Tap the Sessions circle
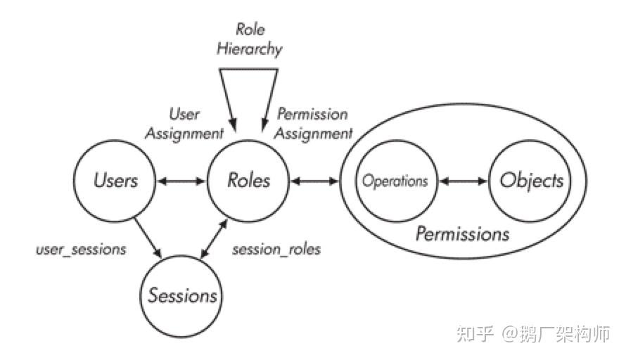(182, 295)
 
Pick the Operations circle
(395, 181)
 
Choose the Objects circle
(531, 181)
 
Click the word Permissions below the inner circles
(462, 233)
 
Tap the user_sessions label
(81, 250)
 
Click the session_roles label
(276, 250)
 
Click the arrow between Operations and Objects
(463, 181)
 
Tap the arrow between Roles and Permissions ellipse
(316, 181)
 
